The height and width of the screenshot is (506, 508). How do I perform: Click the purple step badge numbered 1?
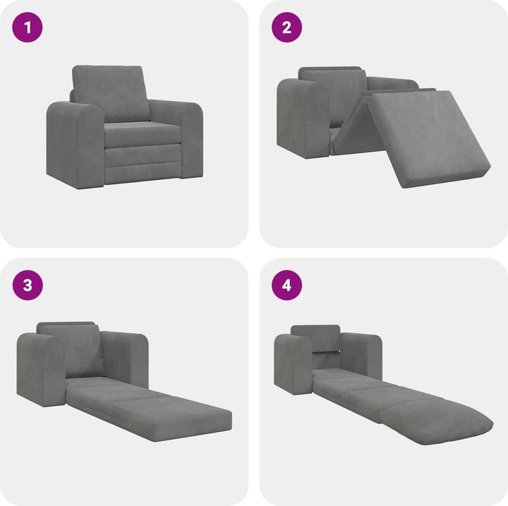click(28, 29)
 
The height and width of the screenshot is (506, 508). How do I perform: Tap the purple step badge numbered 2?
click(286, 29)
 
